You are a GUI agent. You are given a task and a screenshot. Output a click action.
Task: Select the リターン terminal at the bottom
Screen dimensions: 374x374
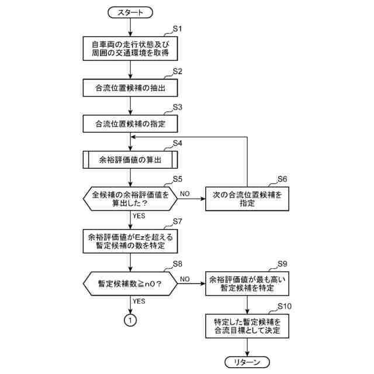point(248,362)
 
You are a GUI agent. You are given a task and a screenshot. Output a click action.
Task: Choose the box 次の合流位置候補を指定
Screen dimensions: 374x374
point(247,199)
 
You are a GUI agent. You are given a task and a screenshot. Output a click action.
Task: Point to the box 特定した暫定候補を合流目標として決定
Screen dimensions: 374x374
point(248,325)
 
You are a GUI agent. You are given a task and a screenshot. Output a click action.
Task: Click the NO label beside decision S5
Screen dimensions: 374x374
point(185,193)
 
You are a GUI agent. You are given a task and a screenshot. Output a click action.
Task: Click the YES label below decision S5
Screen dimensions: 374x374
point(139,215)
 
